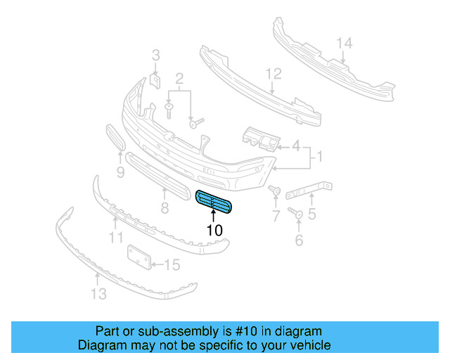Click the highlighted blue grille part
[215, 202]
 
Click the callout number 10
[214, 230]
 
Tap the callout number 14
[343, 44]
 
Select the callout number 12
[273, 73]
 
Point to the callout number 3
[156, 54]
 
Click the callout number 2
[179, 77]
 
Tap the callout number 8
[165, 207]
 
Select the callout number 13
[99, 294]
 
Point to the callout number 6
[299, 241]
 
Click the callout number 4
[297, 147]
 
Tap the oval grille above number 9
[115, 138]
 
